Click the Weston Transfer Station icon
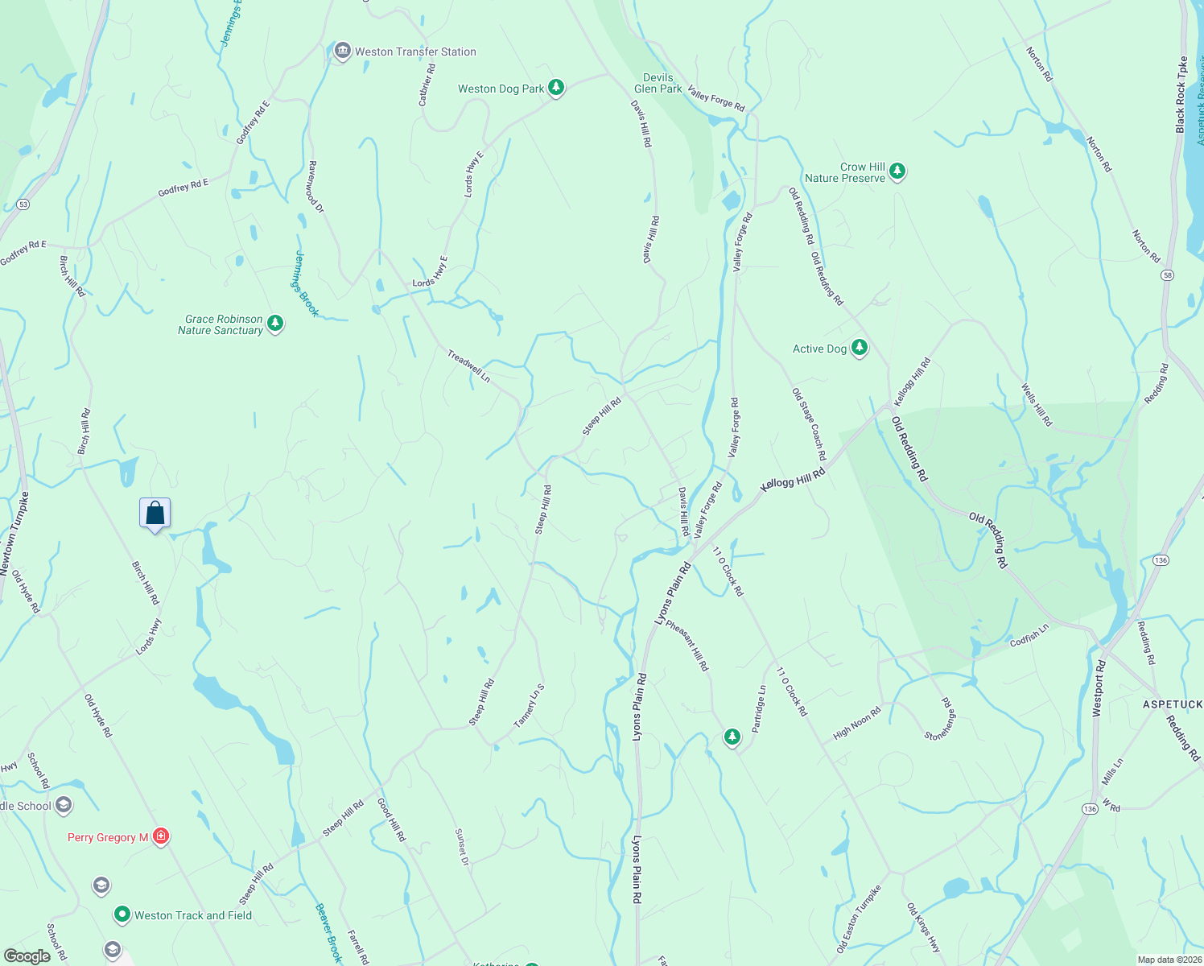click(x=342, y=52)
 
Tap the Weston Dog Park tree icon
click(x=555, y=88)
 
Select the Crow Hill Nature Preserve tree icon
click(x=897, y=171)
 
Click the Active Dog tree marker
click(x=860, y=348)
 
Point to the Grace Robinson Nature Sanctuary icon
click(x=275, y=324)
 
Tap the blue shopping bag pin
click(x=155, y=514)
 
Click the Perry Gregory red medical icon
click(x=161, y=836)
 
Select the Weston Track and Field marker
click(x=122, y=914)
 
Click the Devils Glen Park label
click(x=658, y=83)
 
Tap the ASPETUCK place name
click(x=1172, y=704)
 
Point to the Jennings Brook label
click(x=306, y=283)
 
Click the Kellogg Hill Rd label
click(x=793, y=481)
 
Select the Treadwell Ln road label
click(x=468, y=365)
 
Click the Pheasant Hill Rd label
click(x=687, y=645)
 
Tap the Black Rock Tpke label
click(x=1181, y=95)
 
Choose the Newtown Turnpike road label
click(x=14, y=534)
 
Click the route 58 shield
click(x=1167, y=275)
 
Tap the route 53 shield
click(x=23, y=204)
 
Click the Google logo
click(x=27, y=956)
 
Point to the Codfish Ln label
click(x=1029, y=635)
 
